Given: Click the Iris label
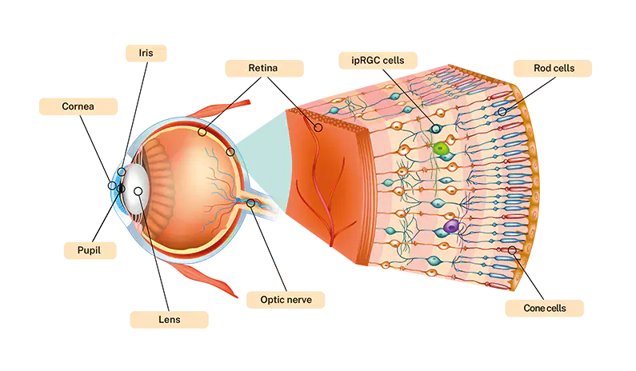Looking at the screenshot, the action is click(x=146, y=53).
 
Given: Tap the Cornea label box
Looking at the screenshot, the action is click(x=78, y=106).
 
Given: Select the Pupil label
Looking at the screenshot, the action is click(x=90, y=250).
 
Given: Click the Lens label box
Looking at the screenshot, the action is click(x=169, y=320).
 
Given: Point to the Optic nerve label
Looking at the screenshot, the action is click(x=286, y=300).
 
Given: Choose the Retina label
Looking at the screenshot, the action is click(x=264, y=68).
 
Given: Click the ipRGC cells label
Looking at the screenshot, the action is click(x=378, y=61).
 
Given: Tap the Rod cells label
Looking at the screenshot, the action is click(x=553, y=68).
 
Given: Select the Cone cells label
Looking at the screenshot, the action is click(x=544, y=308).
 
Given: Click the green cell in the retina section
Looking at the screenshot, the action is click(x=440, y=149).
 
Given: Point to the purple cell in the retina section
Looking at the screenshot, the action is click(x=450, y=226).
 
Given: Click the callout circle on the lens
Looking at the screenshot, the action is click(x=138, y=191).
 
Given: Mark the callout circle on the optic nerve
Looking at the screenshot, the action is click(x=251, y=202).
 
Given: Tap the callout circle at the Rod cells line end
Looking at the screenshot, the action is click(x=502, y=111).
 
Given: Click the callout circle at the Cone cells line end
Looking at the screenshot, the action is click(x=512, y=250).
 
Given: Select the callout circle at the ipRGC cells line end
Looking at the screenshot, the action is click(x=436, y=129).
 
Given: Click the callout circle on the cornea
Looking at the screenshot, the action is click(x=112, y=185).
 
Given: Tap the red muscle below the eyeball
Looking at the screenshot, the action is click(x=207, y=280).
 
